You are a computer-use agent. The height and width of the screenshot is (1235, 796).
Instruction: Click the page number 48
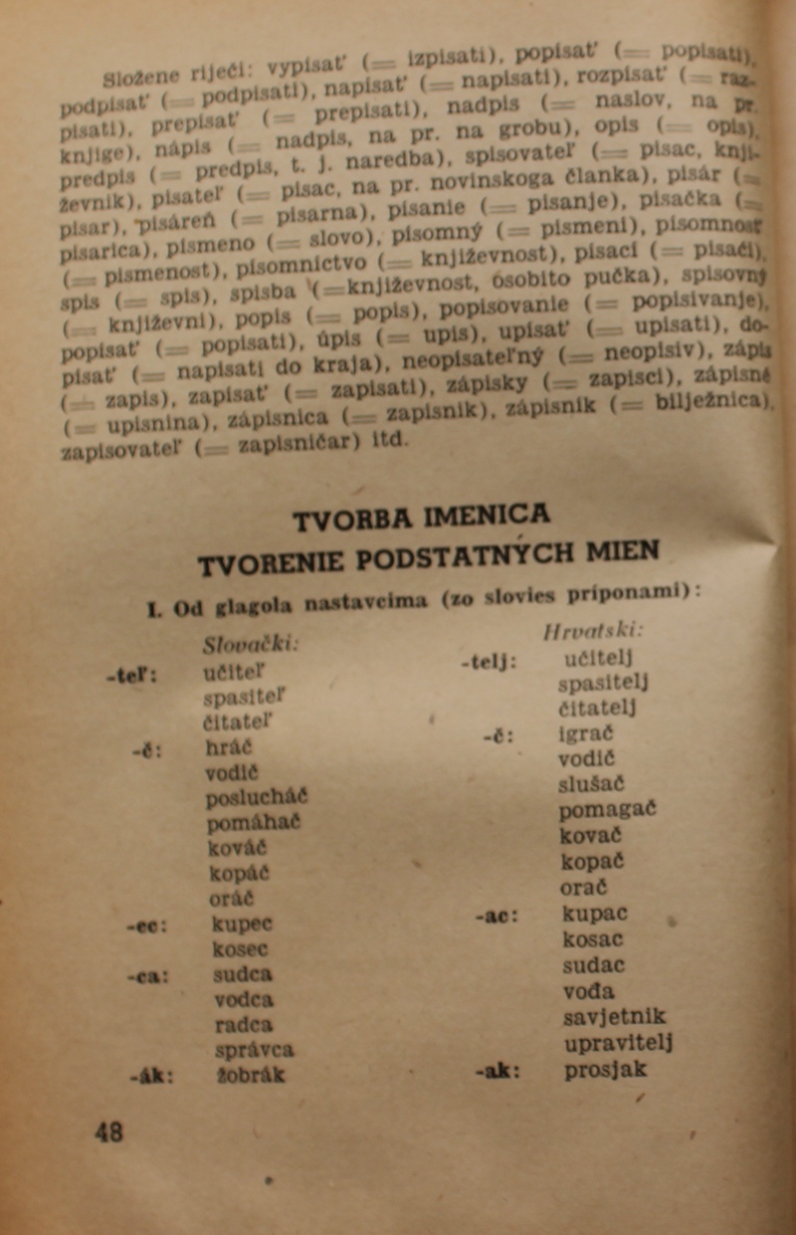[x=109, y=1132]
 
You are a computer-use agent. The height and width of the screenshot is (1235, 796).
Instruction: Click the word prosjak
[x=605, y=1070]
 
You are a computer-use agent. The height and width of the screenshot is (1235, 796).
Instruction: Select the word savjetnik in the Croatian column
[x=615, y=1016]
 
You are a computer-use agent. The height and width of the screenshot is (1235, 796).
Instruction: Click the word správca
[x=254, y=1049]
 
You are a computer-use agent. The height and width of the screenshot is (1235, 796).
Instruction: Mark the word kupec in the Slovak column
[x=243, y=923]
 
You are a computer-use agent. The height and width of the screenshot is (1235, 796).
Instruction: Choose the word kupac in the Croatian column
[x=595, y=913]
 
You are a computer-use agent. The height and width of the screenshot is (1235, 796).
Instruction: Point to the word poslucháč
[x=257, y=797]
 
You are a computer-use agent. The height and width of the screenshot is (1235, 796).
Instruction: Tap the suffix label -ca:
[x=149, y=974]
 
